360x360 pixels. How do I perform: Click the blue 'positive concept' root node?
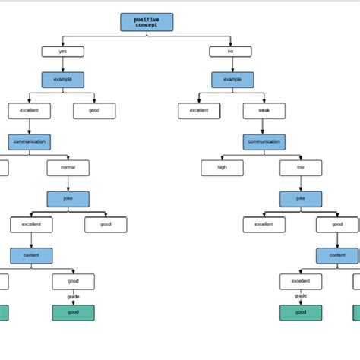coord(147,22)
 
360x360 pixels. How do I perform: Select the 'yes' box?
coord(63,52)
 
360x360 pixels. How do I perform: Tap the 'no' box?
coord(231,52)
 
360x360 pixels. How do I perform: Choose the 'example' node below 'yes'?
coord(63,80)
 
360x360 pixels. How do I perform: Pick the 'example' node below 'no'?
coord(232,80)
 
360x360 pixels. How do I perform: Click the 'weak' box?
coord(264,111)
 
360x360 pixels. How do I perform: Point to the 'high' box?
coord(222,168)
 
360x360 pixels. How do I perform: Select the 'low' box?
coord(301,168)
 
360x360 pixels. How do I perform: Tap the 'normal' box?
coord(68,168)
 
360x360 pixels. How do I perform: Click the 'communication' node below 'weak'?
coord(264,141)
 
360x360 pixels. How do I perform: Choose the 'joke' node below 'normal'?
coord(68,199)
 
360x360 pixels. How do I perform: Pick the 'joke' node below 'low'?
coord(301,199)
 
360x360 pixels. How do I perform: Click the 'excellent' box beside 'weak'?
coord(199,111)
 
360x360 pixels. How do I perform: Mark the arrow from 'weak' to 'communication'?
coord(264,127)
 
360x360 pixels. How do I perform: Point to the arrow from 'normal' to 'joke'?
coord(68,184)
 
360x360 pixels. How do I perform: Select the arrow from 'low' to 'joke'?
coord(301,184)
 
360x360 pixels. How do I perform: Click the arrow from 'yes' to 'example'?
coord(63,65)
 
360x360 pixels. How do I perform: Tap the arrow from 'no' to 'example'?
coord(232,65)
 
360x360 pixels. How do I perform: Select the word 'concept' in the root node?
coord(147,26)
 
